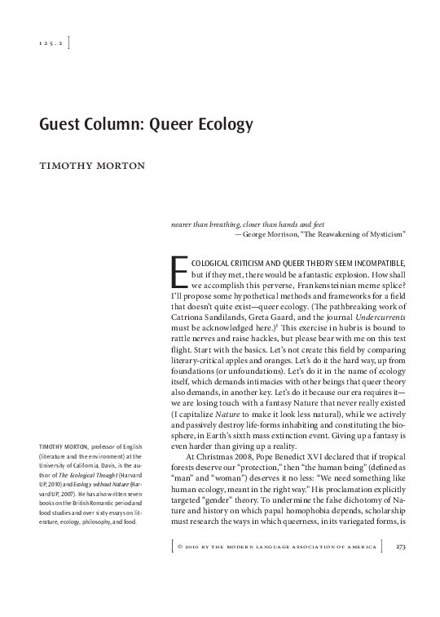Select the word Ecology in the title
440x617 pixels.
[225, 125]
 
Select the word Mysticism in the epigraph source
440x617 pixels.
[380, 233]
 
